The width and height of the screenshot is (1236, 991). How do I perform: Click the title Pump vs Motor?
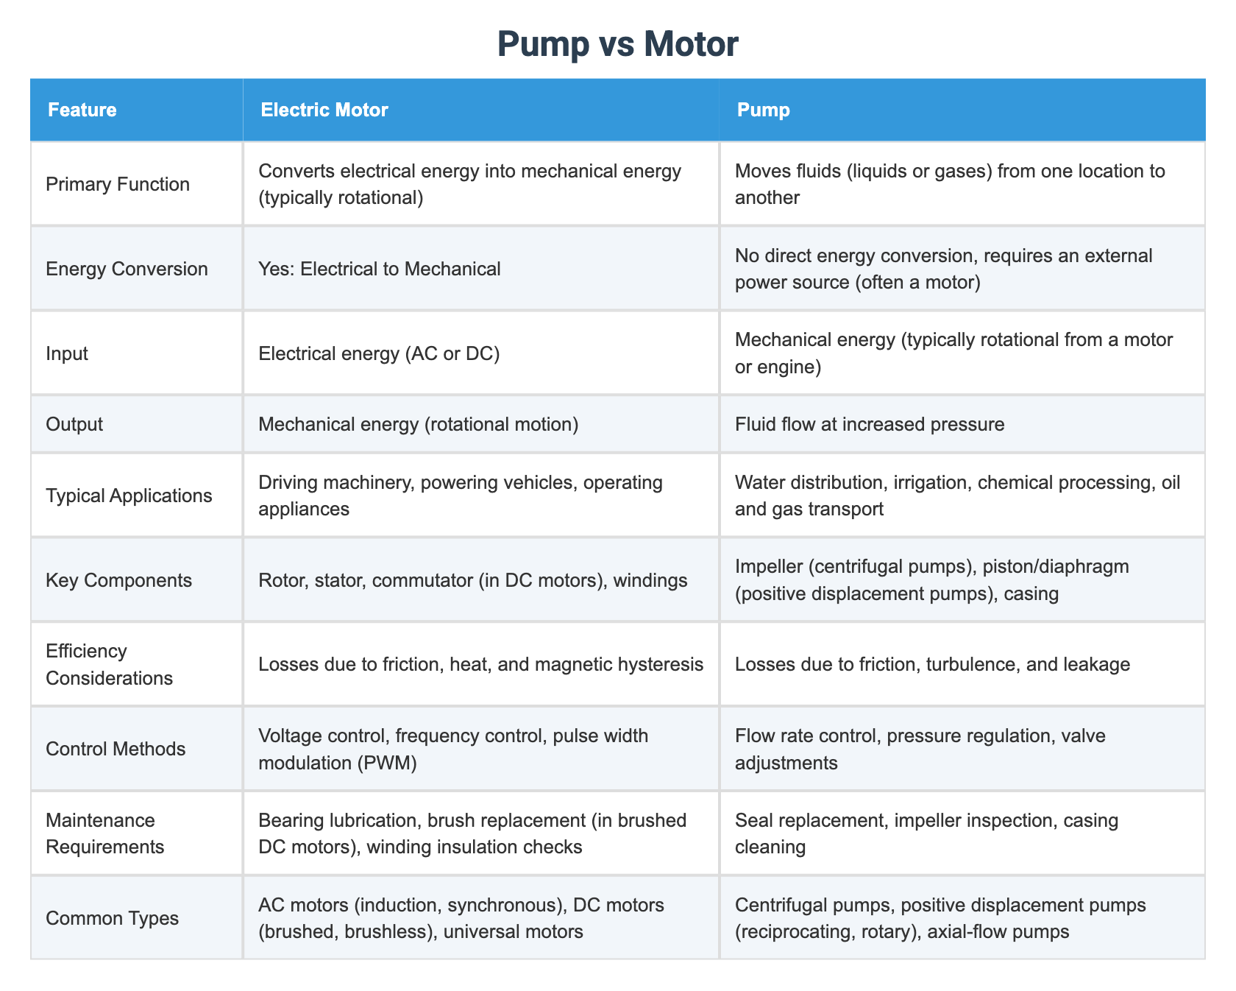617,44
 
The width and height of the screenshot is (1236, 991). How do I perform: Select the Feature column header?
82,110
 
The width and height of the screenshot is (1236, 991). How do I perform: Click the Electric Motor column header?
324,110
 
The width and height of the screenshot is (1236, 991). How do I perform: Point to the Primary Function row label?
118,184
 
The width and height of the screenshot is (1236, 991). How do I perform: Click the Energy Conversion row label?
127,269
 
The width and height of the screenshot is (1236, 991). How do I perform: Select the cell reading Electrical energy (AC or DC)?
379,353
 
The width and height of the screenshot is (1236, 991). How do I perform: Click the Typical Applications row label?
129,496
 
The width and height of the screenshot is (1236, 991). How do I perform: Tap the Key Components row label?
118,580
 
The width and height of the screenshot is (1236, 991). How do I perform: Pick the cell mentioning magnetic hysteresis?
480,665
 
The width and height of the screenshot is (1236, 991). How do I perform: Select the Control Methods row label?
116,749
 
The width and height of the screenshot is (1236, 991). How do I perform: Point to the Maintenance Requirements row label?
104,833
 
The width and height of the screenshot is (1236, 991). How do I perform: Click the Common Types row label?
112,918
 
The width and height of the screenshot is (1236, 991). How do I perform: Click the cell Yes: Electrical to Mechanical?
379,269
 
